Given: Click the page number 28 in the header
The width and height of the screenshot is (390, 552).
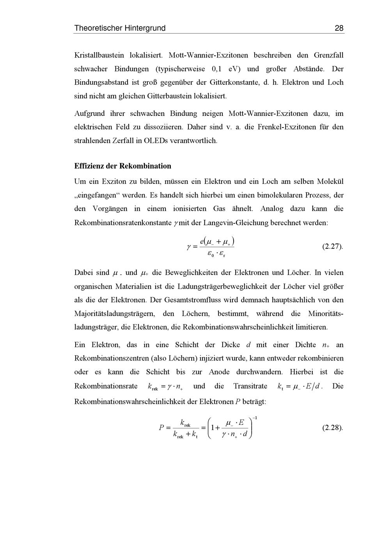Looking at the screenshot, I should [x=339, y=28].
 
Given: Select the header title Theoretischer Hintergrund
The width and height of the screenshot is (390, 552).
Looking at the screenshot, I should [x=120, y=28].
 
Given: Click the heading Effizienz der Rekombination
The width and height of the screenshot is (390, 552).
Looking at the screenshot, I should [x=122, y=166].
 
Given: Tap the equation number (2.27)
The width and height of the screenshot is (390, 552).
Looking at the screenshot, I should [x=333, y=247].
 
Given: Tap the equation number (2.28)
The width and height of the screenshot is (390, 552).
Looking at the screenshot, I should [x=333, y=428].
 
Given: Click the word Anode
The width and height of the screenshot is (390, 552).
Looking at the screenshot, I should [x=219, y=372].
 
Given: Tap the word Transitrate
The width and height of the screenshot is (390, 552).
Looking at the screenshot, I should [x=250, y=386].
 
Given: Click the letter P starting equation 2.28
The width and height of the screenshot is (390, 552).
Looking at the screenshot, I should [x=161, y=428].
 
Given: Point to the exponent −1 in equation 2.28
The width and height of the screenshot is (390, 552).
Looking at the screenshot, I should [x=254, y=418].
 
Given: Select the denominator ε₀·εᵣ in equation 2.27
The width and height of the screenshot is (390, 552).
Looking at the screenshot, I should [x=216, y=254].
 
